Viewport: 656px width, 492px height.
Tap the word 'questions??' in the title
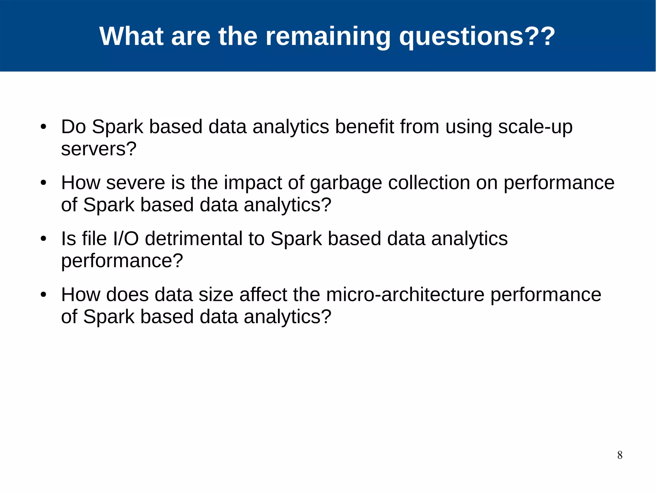[477, 36]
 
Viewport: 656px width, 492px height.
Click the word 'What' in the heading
[131, 36]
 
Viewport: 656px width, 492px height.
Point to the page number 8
[620, 455]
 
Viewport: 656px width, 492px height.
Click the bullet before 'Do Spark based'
[44, 127]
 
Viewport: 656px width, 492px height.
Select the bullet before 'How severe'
[44, 183]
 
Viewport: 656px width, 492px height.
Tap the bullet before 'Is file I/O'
[44, 239]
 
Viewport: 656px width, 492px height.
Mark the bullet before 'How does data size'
[44, 295]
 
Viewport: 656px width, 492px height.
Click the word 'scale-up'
[535, 127]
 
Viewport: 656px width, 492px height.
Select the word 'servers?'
[99, 149]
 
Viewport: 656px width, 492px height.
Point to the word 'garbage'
[346, 183]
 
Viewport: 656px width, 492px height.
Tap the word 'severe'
[135, 183]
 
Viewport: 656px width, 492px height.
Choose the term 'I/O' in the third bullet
[126, 239]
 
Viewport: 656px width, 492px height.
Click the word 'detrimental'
[193, 239]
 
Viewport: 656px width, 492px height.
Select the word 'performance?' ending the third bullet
[122, 261]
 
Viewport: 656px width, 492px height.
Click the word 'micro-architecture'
[405, 295]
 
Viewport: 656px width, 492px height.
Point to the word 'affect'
[263, 295]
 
